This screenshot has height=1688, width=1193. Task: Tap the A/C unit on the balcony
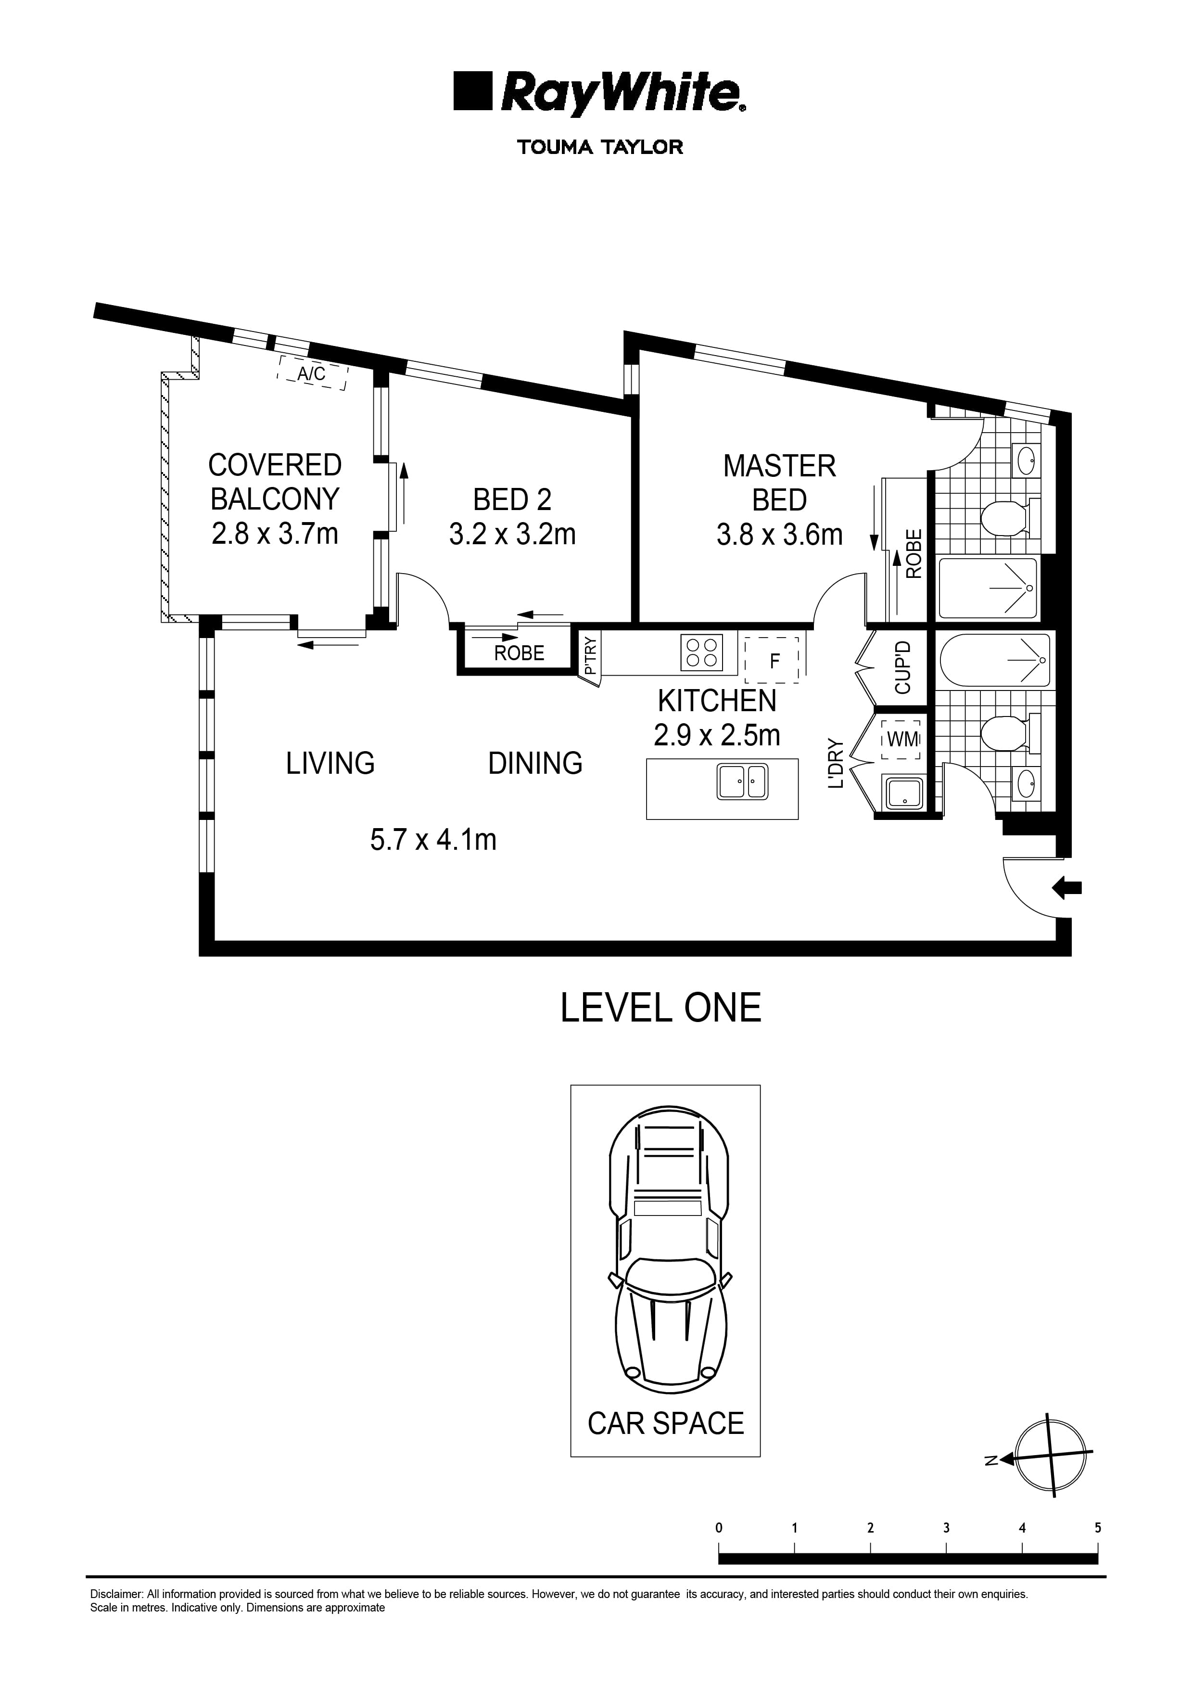312,373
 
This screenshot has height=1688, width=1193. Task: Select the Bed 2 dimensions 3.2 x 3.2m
512,535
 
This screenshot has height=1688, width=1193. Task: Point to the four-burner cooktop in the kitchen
701,652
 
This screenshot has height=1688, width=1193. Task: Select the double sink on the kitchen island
742,781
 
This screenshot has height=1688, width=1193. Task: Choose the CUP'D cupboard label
902,667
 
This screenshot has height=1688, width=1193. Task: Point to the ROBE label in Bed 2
519,653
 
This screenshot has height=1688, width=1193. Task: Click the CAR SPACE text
665,1423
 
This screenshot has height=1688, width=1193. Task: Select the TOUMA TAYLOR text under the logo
600,147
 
